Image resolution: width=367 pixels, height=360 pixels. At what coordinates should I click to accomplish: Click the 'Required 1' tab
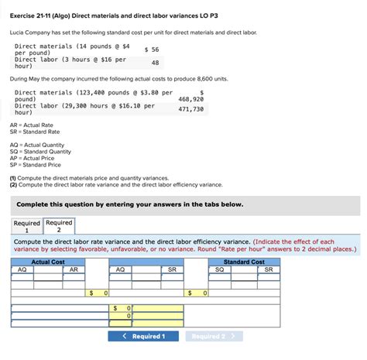point(26,226)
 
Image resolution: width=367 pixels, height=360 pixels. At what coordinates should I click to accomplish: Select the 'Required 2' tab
point(59,226)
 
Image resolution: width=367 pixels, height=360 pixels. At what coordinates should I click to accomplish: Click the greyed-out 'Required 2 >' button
point(214,336)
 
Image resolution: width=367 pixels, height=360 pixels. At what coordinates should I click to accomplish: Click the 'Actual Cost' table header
point(47,262)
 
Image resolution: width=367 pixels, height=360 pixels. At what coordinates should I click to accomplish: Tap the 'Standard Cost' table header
point(245,262)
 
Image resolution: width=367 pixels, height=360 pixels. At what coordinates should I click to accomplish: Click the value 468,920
point(190,99)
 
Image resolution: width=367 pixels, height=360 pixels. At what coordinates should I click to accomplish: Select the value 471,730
point(190,109)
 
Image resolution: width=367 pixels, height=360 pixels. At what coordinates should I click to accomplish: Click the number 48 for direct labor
point(155,63)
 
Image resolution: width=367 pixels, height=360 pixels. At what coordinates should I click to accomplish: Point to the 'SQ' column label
point(219,269)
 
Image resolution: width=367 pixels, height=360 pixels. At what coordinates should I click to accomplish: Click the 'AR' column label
point(73,269)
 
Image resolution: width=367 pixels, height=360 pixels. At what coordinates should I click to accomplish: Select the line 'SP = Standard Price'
point(35,165)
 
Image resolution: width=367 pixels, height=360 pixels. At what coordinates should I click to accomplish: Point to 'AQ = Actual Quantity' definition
point(36,145)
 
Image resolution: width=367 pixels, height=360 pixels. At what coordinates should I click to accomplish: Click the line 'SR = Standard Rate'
point(34,132)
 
